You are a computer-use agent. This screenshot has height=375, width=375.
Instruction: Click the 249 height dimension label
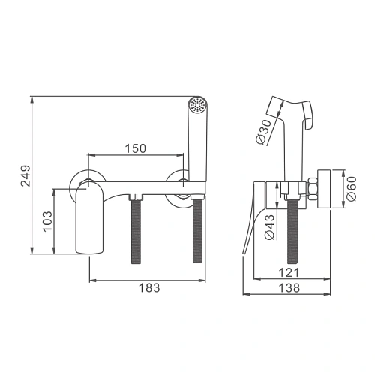point(25,175)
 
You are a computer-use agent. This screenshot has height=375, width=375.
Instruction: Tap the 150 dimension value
point(136,148)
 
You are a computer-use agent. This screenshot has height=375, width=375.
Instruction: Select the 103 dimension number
point(47,221)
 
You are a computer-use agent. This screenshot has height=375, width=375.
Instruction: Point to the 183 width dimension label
point(149,287)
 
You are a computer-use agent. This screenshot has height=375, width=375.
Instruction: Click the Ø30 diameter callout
point(264,132)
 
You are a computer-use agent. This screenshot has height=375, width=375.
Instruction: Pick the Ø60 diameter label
point(352,189)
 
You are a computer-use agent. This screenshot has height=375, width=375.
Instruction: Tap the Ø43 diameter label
point(270,227)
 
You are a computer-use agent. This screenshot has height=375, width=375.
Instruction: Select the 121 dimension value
point(289,272)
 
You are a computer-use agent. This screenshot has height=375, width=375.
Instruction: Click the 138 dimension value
point(289,288)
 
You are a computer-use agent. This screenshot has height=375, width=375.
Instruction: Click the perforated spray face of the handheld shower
point(197,104)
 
